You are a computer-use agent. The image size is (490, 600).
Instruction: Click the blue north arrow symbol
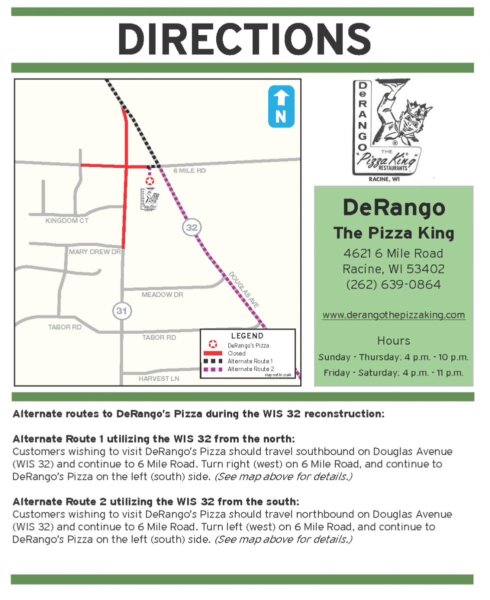[x=281, y=106]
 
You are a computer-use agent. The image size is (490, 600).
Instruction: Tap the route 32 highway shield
[x=192, y=227]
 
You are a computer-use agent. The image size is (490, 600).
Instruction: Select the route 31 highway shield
[x=121, y=311]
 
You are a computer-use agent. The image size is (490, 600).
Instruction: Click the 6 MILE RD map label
[x=190, y=171]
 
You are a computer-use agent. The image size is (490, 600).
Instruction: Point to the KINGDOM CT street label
[x=67, y=220]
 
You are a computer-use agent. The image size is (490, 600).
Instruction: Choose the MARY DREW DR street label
[x=95, y=252]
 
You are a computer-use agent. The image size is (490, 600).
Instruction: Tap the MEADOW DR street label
[x=162, y=295]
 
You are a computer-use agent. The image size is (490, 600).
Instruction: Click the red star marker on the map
[x=149, y=181]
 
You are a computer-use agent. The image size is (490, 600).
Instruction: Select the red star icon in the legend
[x=213, y=344]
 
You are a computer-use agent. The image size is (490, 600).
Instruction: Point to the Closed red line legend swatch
[x=213, y=353]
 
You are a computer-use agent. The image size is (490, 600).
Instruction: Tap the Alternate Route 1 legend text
[x=250, y=361]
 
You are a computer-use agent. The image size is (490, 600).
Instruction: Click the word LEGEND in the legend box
[x=247, y=336]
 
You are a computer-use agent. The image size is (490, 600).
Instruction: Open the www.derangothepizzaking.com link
[x=393, y=315]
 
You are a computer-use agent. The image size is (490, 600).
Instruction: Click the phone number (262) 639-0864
[x=393, y=284]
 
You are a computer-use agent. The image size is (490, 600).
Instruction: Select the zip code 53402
[x=425, y=269]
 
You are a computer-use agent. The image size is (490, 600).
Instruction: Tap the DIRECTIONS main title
[x=244, y=39]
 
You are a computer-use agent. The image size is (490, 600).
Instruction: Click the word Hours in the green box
[x=393, y=341]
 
